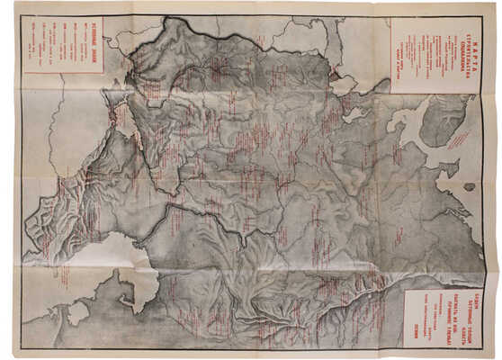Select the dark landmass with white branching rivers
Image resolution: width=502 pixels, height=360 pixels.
(449, 121)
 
